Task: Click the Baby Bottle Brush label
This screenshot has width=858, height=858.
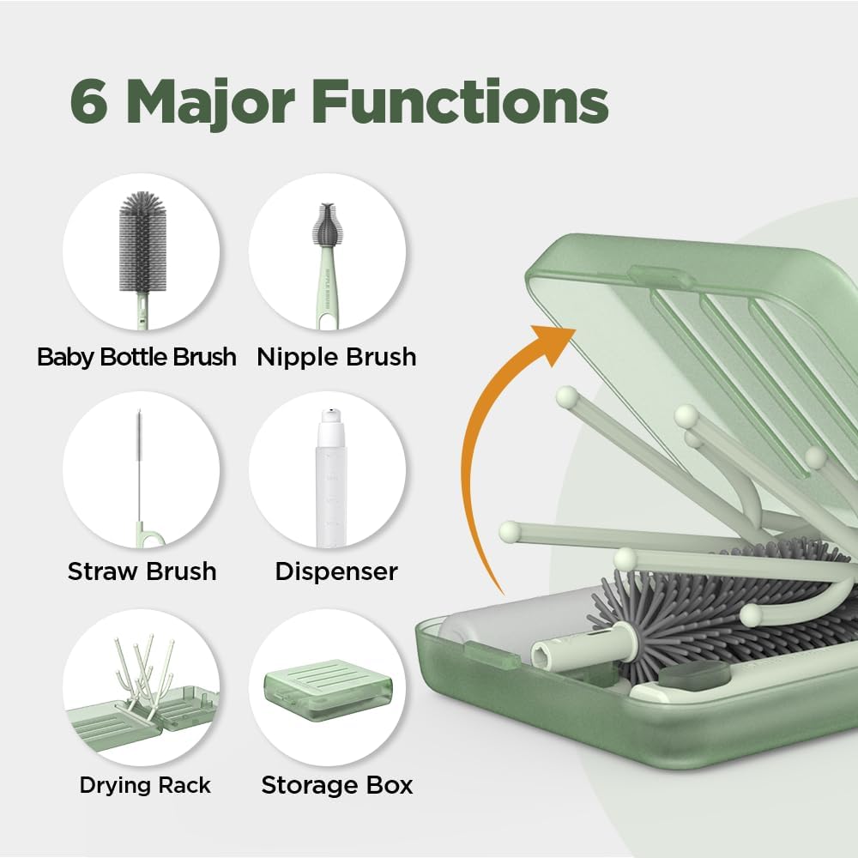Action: (x=136, y=357)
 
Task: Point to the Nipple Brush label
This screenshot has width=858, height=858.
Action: (x=336, y=357)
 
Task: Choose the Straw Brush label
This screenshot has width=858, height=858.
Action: (x=142, y=571)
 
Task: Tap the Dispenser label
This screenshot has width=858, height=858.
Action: (x=336, y=571)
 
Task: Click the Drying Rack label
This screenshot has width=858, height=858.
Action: (x=145, y=784)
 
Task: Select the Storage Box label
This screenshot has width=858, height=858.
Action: (x=337, y=784)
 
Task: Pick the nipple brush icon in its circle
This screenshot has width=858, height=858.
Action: (x=327, y=253)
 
